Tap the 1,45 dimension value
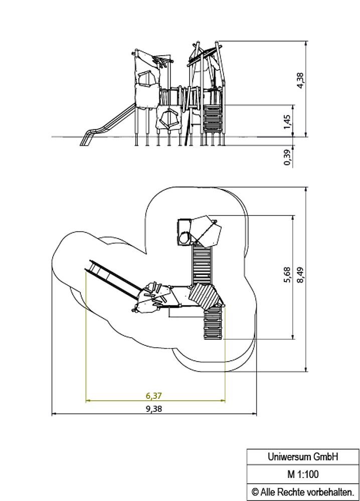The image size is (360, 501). (x=287, y=122)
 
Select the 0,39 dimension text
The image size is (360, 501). (x=287, y=157)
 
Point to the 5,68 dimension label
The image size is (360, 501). (x=287, y=275)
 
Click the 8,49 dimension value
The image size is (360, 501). (x=301, y=275)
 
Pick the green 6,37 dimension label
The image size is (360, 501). (x=154, y=396)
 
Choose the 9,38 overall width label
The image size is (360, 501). (x=154, y=409)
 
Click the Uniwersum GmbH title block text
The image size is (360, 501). (x=303, y=456)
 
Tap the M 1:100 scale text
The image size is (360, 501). (x=303, y=474)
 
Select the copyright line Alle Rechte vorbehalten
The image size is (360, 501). (x=303, y=492)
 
